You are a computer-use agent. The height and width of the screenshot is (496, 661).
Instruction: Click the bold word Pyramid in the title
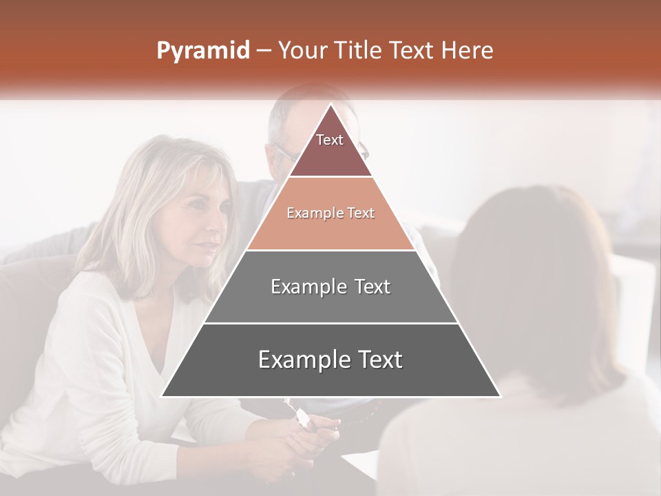click(203, 51)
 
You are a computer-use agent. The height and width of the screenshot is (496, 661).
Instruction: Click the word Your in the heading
click(302, 51)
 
